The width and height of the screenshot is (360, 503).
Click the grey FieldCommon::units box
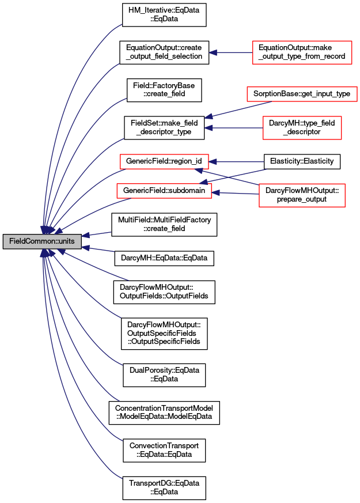pos(42,241)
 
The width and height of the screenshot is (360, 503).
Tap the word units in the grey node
pos(66,241)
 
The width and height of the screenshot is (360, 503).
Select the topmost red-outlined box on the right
pos(302,52)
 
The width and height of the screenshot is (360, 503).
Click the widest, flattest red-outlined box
pos(302,94)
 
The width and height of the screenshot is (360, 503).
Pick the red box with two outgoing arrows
pos(302,195)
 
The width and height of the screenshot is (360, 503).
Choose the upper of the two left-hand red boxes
pos(164,161)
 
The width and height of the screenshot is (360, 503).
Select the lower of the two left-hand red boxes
pos(164,191)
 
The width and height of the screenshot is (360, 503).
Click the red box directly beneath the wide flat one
pos(302,128)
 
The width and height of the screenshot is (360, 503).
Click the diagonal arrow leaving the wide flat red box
pos(239,109)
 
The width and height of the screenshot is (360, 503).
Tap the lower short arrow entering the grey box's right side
pos(99,249)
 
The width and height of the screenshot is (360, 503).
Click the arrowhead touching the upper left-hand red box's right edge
pos(213,162)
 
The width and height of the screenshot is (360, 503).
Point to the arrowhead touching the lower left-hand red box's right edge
pos(215,192)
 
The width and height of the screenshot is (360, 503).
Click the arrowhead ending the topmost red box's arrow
pos(213,52)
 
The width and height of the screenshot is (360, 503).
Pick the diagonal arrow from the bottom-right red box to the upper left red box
pos(230,177)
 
